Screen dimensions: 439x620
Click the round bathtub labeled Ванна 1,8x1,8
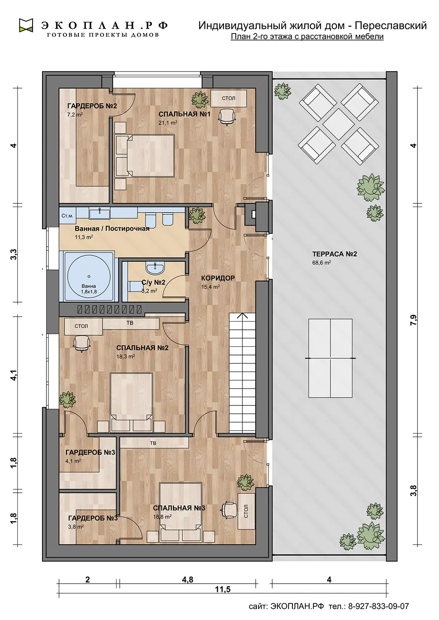(89, 276)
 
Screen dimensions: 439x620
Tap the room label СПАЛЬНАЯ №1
(185, 114)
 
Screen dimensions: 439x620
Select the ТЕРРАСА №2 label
(335, 254)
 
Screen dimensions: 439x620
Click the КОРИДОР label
(218, 278)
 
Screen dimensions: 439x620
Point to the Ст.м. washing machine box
(67, 216)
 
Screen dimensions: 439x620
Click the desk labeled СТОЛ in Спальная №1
(228, 98)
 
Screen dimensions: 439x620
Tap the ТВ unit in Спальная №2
(131, 323)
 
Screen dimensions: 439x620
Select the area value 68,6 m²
(321, 262)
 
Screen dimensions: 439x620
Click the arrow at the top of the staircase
(242, 316)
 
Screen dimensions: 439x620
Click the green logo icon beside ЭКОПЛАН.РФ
(26, 25)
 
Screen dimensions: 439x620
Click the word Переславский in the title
(391, 26)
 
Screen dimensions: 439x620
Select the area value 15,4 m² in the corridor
(211, 287)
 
